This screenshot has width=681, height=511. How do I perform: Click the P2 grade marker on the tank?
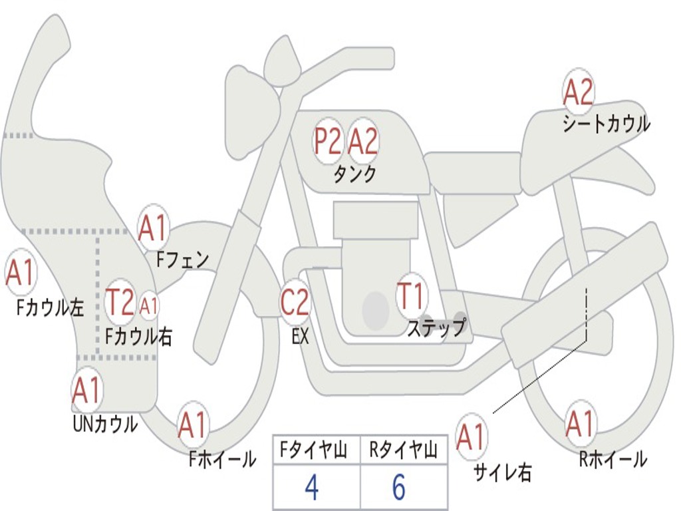click(x=328, y=141)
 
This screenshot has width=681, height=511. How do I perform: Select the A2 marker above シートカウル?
click(x=578, y=92)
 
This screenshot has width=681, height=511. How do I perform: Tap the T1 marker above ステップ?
click(x=411, y=297)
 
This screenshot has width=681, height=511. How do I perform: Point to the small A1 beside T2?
click(x=150, y=306)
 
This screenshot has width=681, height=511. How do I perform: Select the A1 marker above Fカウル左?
click(x=20, y=273)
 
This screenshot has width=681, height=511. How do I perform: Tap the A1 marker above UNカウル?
click(x=86, y=391)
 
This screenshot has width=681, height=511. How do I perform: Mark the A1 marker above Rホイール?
click(x=579, y=425)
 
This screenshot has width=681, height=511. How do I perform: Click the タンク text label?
click(x=354, y=174)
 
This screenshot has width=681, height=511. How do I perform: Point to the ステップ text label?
click(x=436, y=328)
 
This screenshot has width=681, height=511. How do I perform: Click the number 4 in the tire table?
click(x=311, y=488)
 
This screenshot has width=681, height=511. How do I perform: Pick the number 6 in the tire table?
click(x=399, y=488)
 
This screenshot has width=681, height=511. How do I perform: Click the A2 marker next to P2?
click(x=364, y=141)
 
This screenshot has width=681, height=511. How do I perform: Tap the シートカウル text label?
click(x=606, y=124)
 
